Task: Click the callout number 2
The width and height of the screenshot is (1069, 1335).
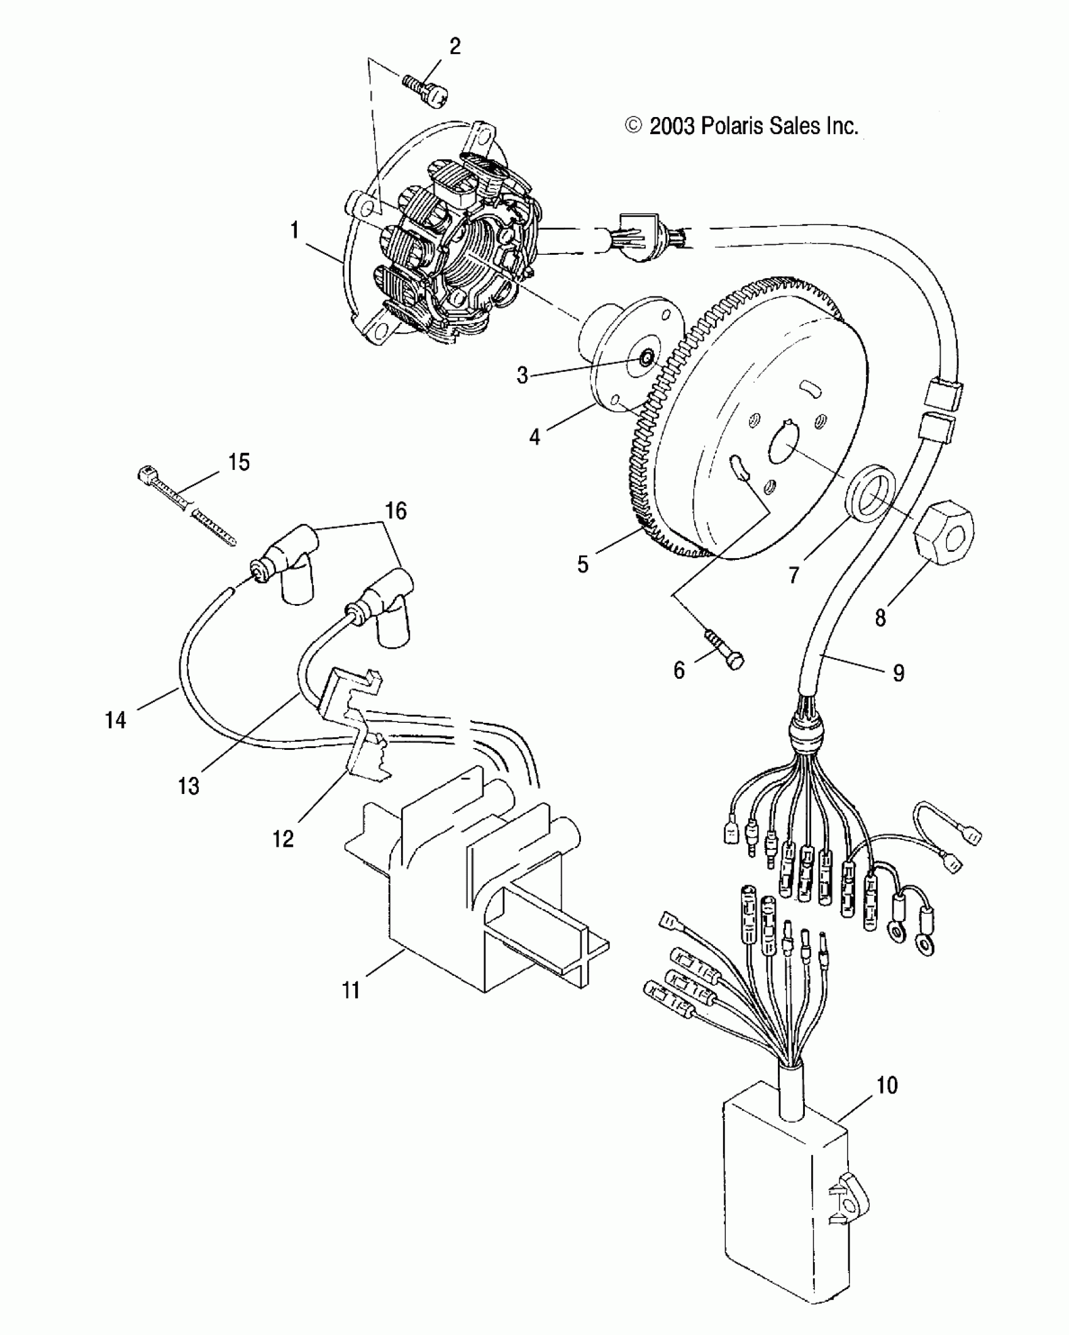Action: (454, 47)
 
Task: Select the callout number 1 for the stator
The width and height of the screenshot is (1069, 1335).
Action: (294, 231)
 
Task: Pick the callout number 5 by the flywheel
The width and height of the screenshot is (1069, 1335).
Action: (583, 564)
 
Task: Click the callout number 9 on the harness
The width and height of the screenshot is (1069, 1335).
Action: (899, 673)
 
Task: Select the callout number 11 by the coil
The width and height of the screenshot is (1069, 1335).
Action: (350, 990)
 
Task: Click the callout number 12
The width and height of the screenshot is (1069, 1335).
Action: (283, 838)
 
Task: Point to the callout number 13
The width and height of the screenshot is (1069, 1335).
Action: (189, 786)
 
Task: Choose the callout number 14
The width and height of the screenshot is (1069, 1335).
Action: (115, 720)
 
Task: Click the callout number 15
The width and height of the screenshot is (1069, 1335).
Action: (239, 462)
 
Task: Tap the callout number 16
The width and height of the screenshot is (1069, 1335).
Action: (396, 511)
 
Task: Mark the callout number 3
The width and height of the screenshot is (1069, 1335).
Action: (522, 376)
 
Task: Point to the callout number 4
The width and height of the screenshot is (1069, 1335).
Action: (534, 436)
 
